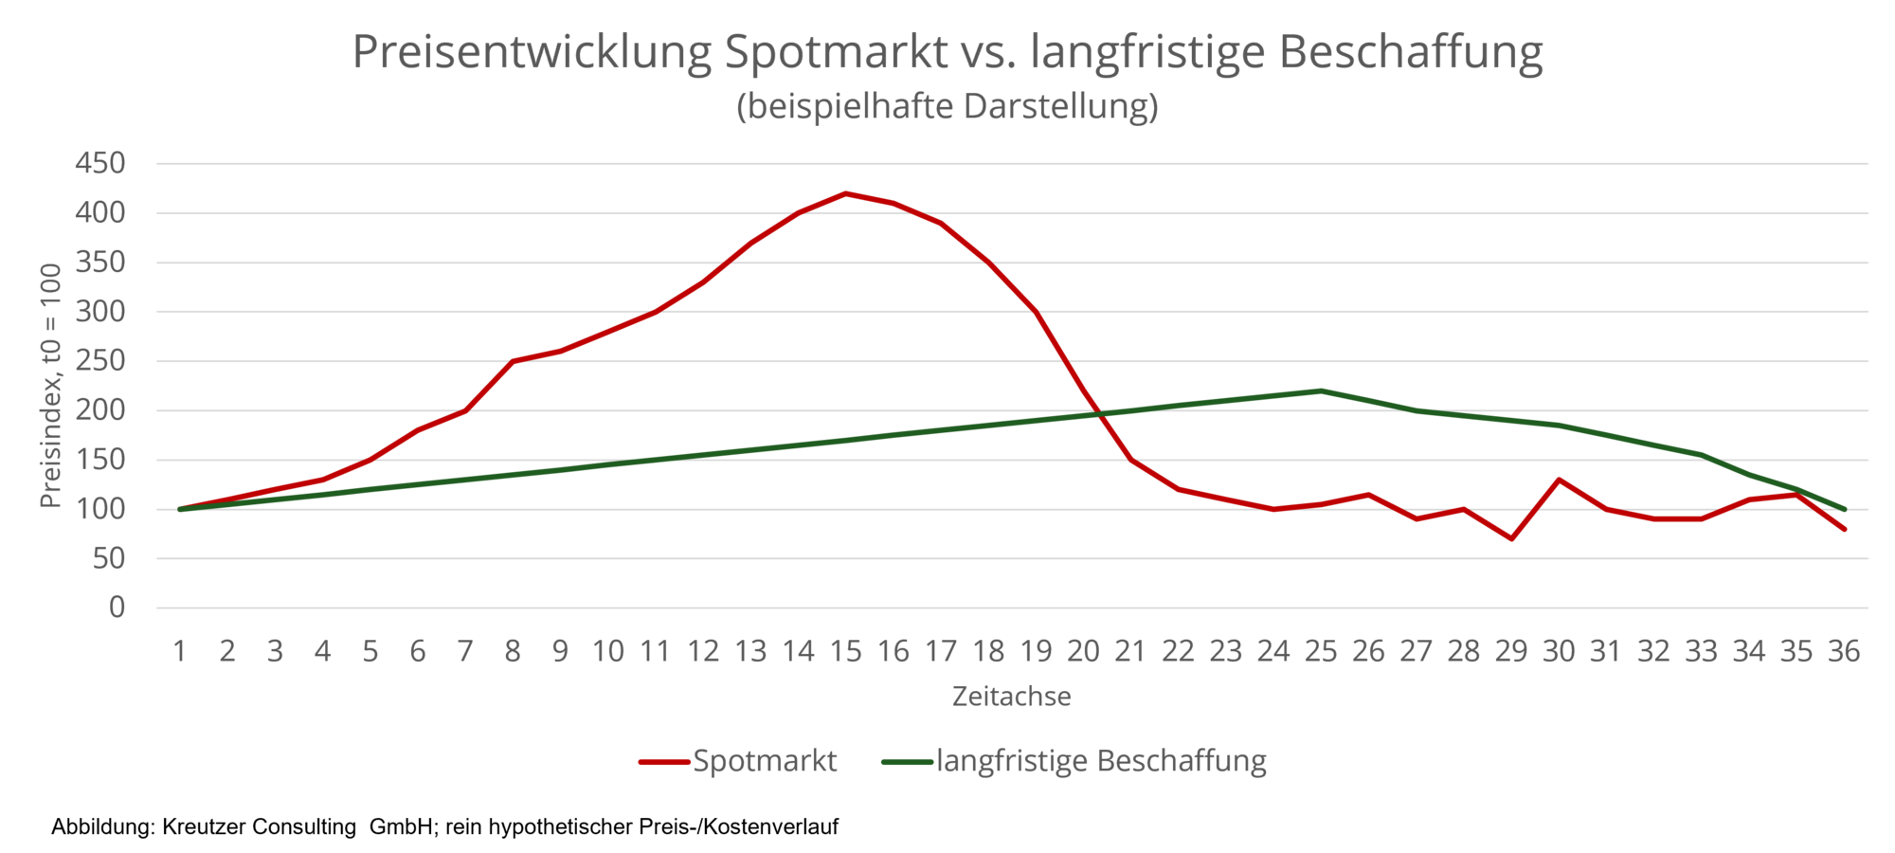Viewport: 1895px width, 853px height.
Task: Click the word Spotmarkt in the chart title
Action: tap(836, 52)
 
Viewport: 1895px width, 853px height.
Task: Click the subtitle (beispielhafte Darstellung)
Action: tap(947, 106)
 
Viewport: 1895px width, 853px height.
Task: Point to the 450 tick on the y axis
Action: tap(99, 163)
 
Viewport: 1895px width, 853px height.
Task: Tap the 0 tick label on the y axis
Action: tap(117, 608)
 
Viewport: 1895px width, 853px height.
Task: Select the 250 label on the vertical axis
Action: tap(99, 361)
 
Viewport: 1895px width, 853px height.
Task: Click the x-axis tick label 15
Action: tap(845, 652)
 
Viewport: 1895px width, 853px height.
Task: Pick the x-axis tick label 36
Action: tap(1843, 652)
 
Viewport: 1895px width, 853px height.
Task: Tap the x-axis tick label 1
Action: tap(179, 652)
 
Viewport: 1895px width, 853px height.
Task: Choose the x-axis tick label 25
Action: tap(1321, 652)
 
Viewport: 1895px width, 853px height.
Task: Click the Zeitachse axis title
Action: tap(1011, 697)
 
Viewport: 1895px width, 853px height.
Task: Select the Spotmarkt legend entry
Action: tap(739, 761)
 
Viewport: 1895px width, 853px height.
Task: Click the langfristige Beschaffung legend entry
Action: tap(1074, 761)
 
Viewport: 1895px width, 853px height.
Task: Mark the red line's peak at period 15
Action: tap(845, 193)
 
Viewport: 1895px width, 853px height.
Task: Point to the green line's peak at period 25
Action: tap(1321, 390)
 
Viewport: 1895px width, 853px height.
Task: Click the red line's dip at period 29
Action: tap(1511, 538)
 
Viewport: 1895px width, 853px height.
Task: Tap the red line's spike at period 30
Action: tap(1559, 480)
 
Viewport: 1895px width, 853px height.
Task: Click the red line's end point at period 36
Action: tap(1844, 529)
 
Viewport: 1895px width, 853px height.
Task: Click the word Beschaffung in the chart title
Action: tap(1411, 52)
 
